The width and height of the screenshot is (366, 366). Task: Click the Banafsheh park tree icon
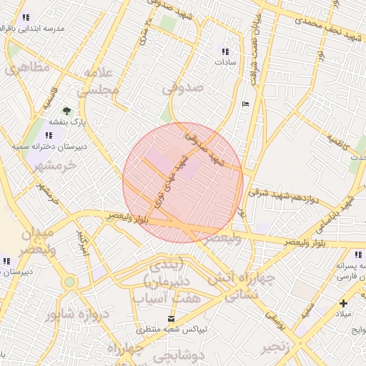click(66, 110)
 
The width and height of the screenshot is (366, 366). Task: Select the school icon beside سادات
click(226, 51)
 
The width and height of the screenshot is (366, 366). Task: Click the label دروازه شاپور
click(69, 315)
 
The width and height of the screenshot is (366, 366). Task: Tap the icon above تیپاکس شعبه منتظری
click(170, 317)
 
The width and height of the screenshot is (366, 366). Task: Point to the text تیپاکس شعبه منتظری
click(171, 330)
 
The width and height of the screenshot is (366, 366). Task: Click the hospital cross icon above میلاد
click(344, 303)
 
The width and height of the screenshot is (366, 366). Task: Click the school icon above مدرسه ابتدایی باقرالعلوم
click(26, 17)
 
